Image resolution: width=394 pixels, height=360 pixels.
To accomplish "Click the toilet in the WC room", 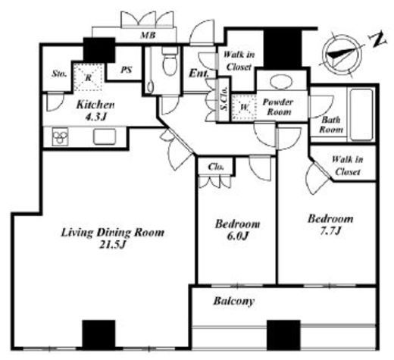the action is point(170,61).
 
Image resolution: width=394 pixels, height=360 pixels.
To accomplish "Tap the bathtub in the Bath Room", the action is point(361,114).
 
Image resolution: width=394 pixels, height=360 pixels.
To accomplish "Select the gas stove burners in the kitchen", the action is point(60,137).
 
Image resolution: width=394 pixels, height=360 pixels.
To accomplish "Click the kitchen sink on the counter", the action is point(105,136).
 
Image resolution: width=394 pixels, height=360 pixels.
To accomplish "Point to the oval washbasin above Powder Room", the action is point(281,82).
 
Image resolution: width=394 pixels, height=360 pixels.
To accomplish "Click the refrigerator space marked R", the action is point(88,77).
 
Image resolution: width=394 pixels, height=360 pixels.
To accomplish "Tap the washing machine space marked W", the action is point(244,108).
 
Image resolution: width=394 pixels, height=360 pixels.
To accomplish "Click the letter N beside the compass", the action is point(378,39).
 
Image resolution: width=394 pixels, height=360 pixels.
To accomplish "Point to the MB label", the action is point(148,36).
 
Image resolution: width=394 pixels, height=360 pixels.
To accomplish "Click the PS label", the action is point(126,70).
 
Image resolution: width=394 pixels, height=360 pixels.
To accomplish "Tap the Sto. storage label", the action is point(59,74).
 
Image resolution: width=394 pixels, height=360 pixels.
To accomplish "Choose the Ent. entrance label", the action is point(199,74).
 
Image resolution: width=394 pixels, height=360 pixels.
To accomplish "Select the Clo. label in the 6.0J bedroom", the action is point(216,167).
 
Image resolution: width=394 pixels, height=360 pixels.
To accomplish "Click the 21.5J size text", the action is point(112,245).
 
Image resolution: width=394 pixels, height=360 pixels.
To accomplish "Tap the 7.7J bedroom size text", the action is point(330,230).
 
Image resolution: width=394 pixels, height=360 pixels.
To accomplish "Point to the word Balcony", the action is point(233,301).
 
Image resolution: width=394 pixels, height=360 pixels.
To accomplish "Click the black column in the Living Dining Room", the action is point(98,335).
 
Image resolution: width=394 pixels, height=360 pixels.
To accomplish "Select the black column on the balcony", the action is point(283,335).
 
